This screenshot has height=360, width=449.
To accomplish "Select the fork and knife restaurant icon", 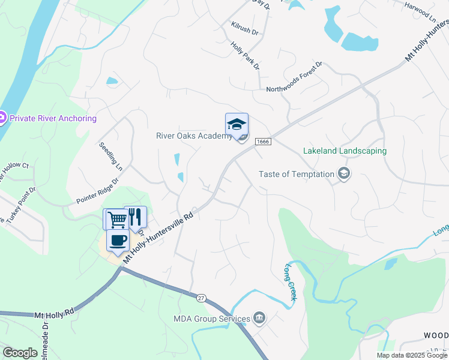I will point(136,216).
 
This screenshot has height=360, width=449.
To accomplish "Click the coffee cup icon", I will point(118,240).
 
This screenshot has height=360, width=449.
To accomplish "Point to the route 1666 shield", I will point(263,141).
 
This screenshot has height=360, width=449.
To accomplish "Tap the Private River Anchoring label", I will point(53,118).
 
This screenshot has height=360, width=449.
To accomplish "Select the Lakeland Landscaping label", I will point(345,151).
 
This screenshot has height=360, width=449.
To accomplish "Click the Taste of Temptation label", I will point(296,174).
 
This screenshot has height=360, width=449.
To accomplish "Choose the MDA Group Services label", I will point(211,319).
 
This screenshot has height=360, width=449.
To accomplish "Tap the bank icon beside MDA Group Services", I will point(259,317).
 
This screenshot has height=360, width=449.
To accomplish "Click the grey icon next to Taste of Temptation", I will point(344,175).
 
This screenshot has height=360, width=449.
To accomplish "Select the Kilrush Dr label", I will point(244,28).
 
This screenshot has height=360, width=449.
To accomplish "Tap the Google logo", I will point(20,353).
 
